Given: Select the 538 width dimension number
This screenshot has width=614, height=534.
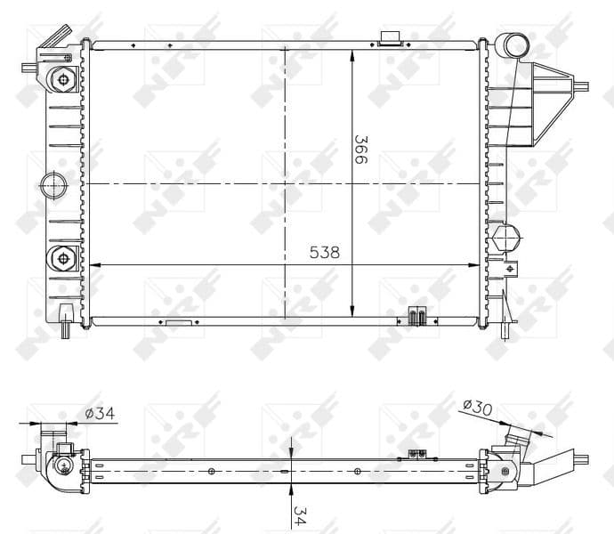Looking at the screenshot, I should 325,253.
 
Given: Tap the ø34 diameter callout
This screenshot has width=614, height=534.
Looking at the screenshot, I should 100,413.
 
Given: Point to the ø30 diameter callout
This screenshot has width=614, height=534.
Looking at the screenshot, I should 479,407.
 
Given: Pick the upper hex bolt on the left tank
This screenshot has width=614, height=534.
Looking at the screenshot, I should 63,78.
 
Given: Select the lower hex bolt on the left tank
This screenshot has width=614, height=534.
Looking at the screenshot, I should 63,260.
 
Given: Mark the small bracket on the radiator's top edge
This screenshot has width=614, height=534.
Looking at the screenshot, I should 390,37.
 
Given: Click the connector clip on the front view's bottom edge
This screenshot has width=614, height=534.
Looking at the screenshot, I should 416,316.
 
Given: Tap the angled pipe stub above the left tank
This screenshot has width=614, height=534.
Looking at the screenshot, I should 57,36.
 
